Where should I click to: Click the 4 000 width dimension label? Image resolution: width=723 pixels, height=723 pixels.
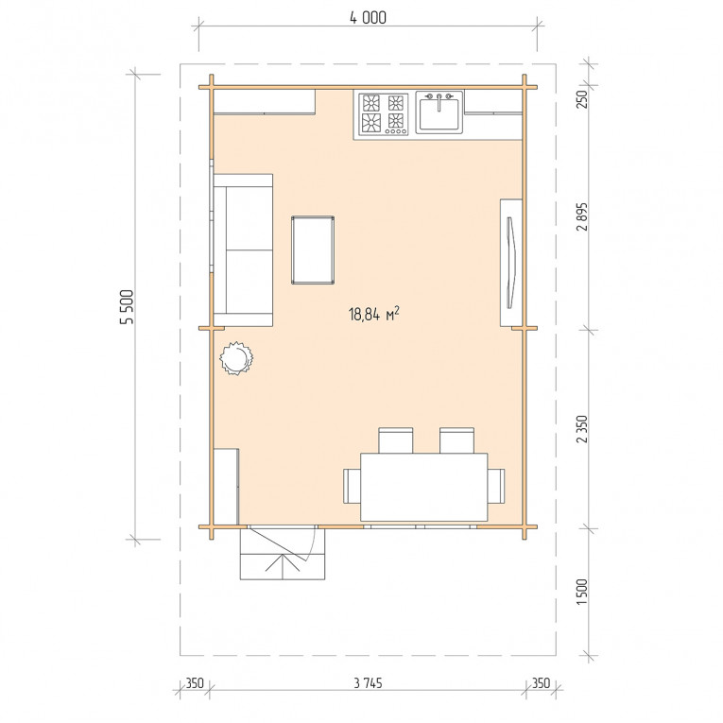pyautogui.click(x=368, y=18)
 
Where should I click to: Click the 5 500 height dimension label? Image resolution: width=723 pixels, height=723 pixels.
pyautogui.click(x=127, y=307)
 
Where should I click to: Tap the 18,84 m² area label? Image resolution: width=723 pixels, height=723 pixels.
pyautogui.click(x=374, y=314)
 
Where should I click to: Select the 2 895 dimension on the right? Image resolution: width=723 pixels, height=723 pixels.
pyautogui.click(x=582, y=216)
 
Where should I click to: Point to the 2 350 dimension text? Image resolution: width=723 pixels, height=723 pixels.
pyautogui.click(x=582, y=429)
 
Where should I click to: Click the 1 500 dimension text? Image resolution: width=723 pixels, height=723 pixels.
pyautogui.click(x=582, y=592)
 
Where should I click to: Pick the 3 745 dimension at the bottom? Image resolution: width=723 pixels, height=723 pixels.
pyautogui.click(x=368, y=683)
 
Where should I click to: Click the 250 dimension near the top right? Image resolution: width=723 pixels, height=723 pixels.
pyautogui.click(x=582, y=99)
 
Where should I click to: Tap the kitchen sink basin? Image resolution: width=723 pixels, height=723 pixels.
pyautogui.click(x=439, y=112)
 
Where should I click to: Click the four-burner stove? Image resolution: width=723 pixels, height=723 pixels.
pyautogui.click(x=384, y=114)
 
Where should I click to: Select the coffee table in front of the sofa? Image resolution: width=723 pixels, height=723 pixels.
pyautogui.click(x=313, y=250)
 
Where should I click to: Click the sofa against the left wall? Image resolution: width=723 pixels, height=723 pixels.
pyautogui.click(x=243, y=250)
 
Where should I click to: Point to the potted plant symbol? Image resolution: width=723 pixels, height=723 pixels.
pyautogui.click(x=236, y=358)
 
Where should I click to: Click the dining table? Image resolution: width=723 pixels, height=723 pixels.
pyautogui.click(x=423, y=487)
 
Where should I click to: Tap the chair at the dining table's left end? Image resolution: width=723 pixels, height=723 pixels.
pyautogui.click(x=352, y=486)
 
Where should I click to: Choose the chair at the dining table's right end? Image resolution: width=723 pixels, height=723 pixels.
pyautogui.click(x=496, y=486)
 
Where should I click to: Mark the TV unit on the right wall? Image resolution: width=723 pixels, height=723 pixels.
pyautogui.click(x=511, y=263)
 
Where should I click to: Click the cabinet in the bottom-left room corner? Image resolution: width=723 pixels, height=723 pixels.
pyautogui.click(x=227, y=487)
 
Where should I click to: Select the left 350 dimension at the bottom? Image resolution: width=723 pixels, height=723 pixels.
pyautogui.click(x=194, y=683)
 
